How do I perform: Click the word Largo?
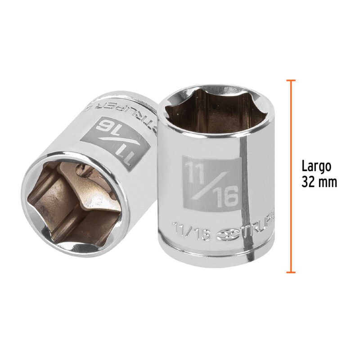click(x=316, y=166)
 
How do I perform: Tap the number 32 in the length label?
click(x=310, y=181)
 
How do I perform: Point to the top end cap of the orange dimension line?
click(x=291, y=81)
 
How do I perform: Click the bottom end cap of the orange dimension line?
click(x=291, y=272)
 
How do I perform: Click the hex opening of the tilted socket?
click(x=72, y=198)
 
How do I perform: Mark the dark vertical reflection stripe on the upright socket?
click(x=244, y=180)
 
